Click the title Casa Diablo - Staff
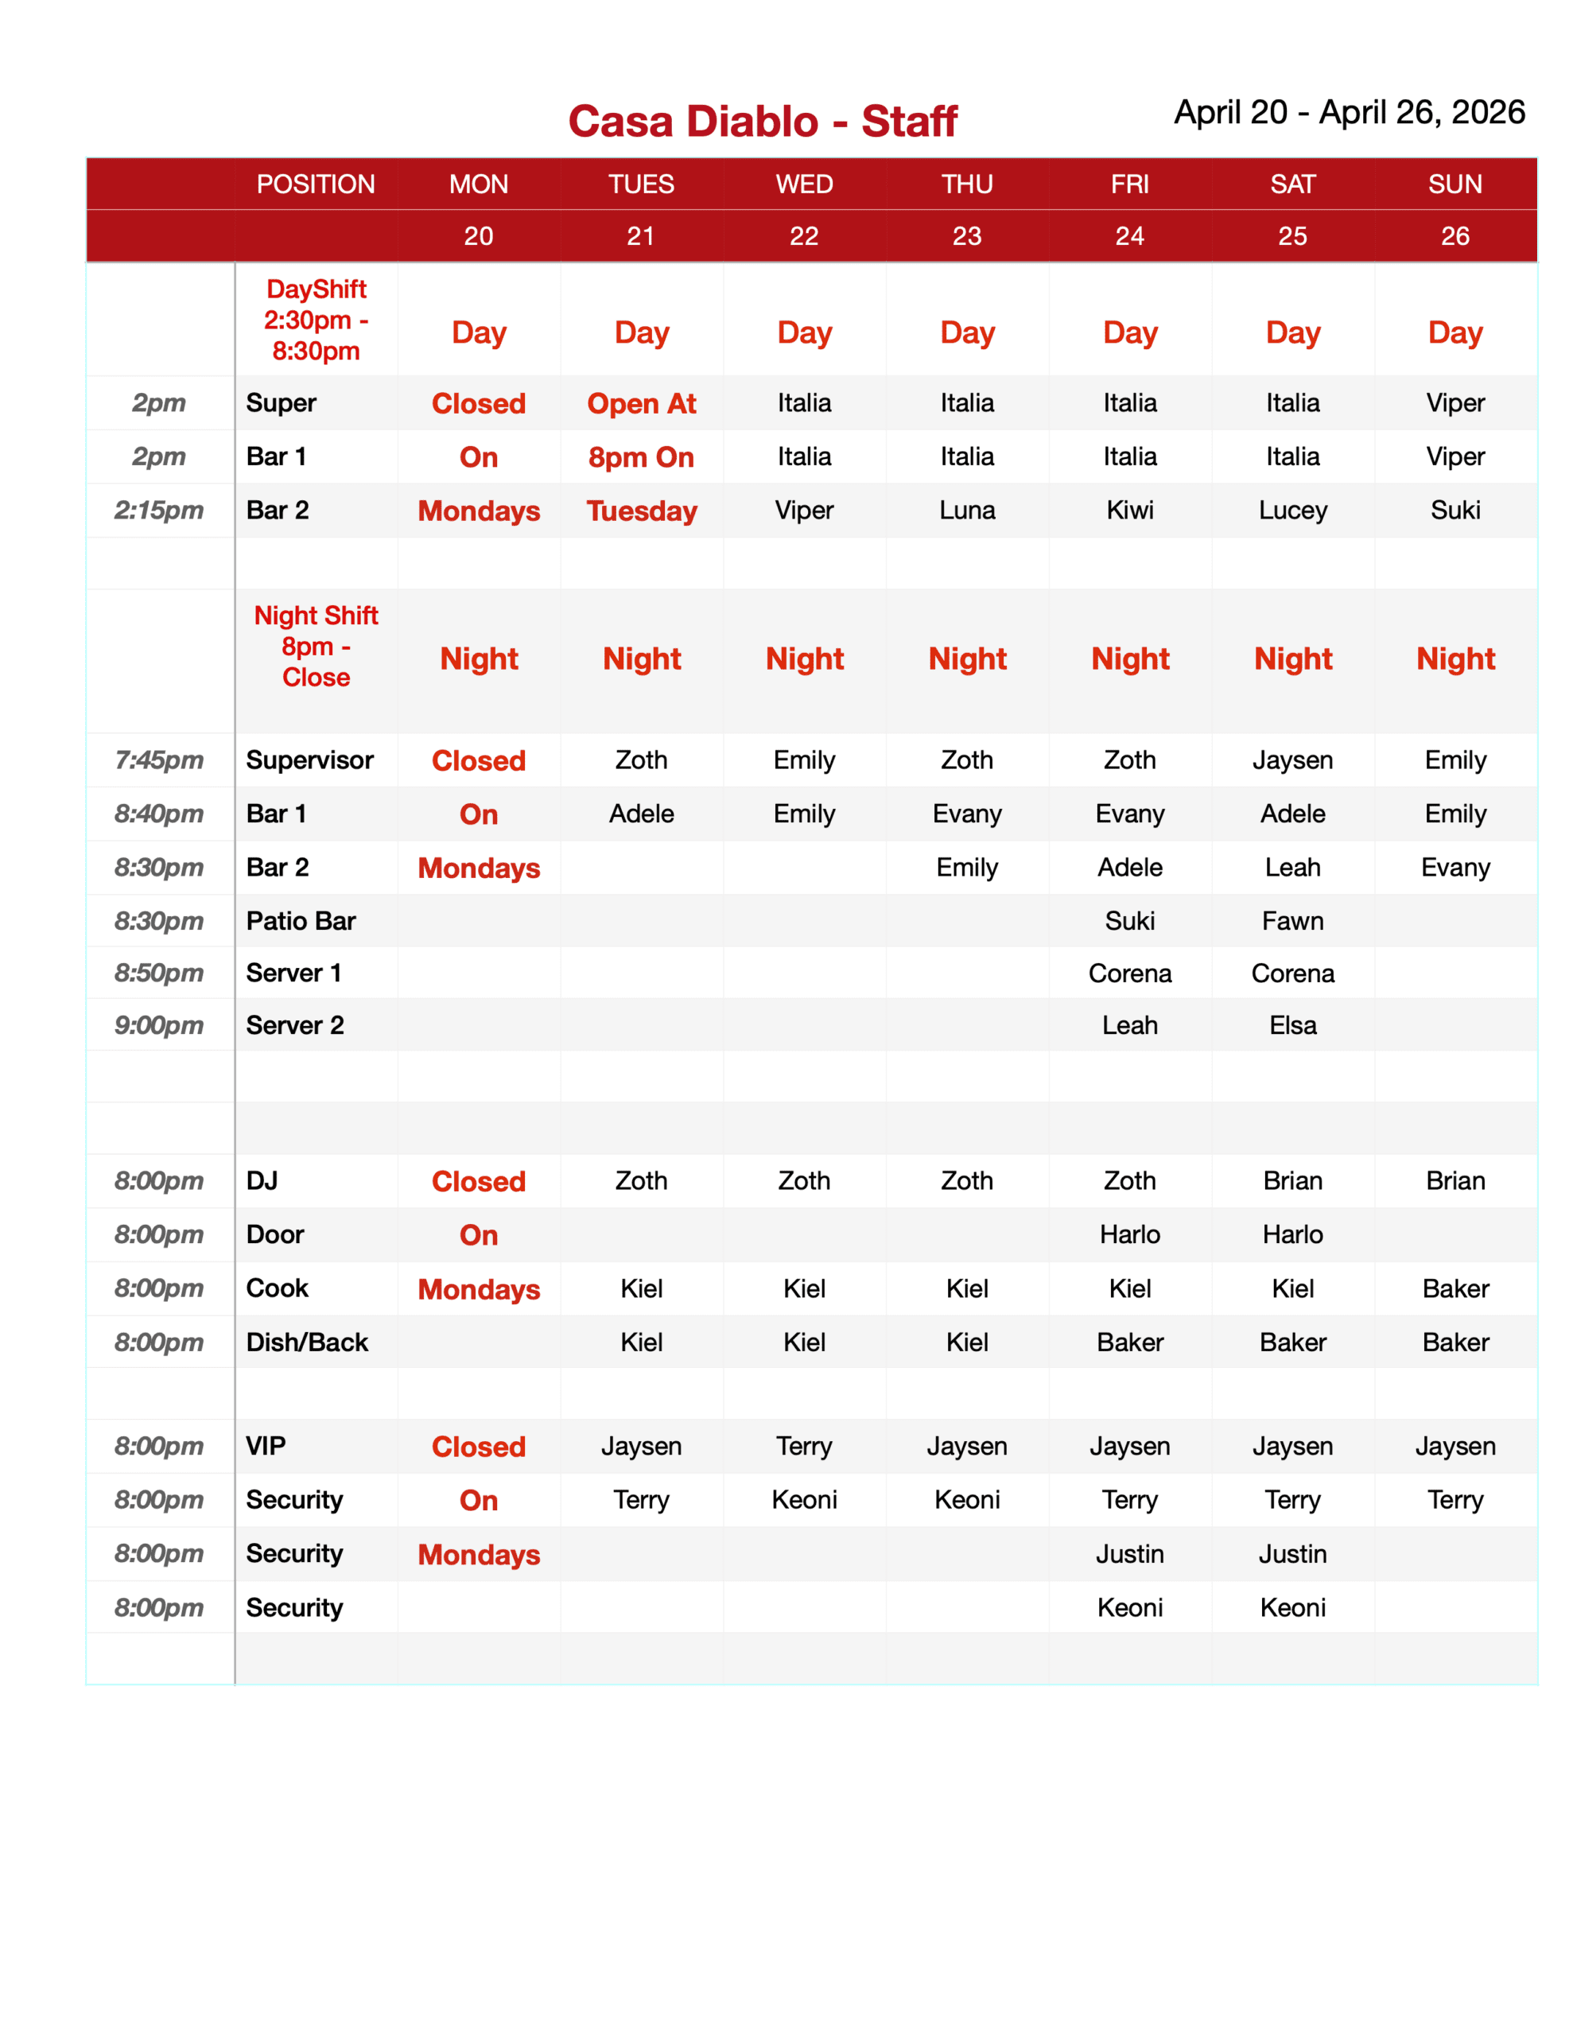762,121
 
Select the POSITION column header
315,184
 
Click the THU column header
966,184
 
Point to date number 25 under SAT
1291,236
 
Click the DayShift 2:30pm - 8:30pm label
315,320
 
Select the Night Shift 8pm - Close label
315,646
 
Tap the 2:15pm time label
158,510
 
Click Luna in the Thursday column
966,510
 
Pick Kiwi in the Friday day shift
1129,510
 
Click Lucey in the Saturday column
1291,510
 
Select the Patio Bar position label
301,921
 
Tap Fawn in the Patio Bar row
1291,921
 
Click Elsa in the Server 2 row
1291,1025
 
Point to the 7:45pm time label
158,760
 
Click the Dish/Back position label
307,1342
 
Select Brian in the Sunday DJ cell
1455,1181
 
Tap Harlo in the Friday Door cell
1129,1234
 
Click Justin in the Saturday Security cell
1291,1554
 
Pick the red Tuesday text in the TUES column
642,511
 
